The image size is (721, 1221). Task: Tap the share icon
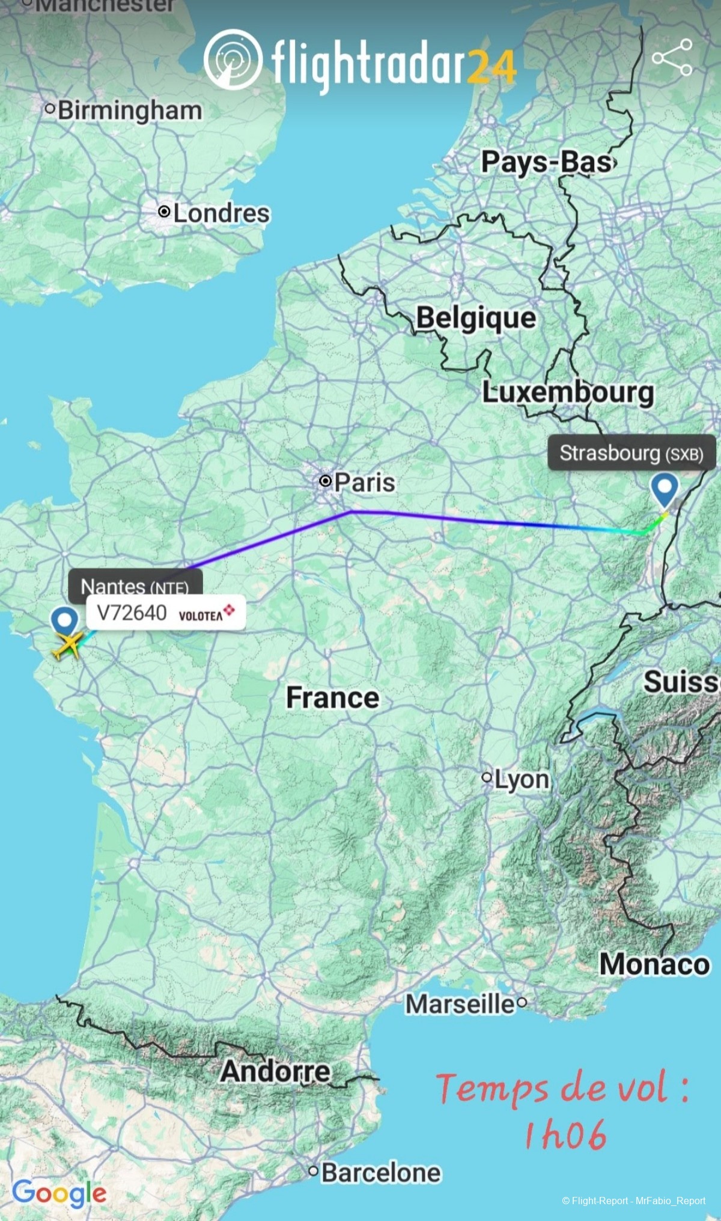pos(672,57)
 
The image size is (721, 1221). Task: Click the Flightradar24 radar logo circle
pos(233,60)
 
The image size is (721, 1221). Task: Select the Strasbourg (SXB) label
pos(631,453)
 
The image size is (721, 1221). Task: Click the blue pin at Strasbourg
pos(665,489)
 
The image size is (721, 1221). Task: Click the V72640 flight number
pos(132,613)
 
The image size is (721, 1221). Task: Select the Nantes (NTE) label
pos(135,585)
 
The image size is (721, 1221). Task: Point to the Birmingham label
pos(129,111)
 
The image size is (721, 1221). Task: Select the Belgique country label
pos(476,317)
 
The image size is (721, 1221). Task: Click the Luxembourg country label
pos(568,393)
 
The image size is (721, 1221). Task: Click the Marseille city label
pos(460,1003)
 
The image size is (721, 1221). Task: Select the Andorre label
pos(275,1071)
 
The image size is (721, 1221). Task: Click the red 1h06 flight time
pos(565,1135)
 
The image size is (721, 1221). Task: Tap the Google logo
pos(59,1192)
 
